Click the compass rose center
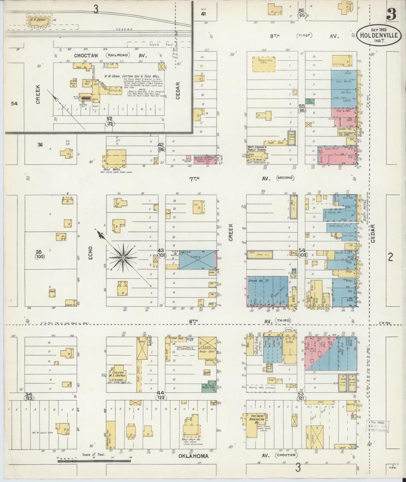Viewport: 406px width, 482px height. point(123,258)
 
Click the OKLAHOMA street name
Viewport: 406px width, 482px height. point(194,456)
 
